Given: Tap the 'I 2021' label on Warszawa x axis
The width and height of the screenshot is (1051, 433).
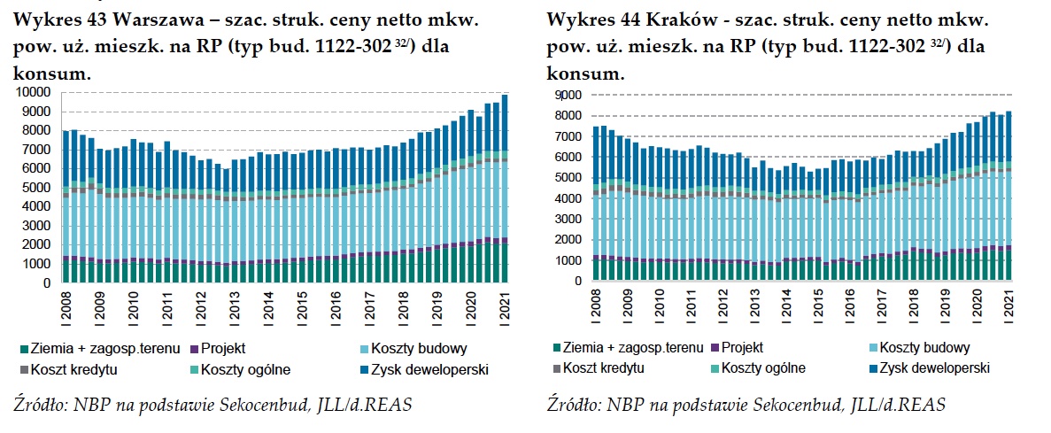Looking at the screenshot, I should [505, 305].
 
